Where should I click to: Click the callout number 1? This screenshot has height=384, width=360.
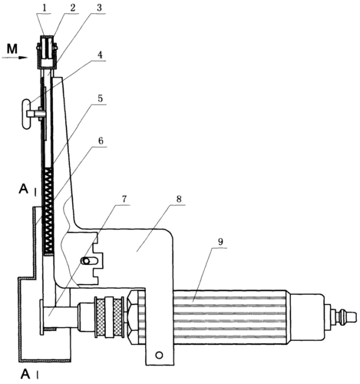pos(45,8)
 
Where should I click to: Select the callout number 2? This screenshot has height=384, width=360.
pos(73,8)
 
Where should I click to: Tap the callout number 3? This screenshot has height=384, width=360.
pos(99,8)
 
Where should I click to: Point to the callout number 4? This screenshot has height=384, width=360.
pos(100,55)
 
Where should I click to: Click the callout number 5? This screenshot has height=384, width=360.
pos(100,98)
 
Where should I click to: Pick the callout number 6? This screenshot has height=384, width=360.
pos(101,141)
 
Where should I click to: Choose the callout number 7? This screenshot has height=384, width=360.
pos(124,199)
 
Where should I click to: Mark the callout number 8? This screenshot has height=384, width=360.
pos(179,199)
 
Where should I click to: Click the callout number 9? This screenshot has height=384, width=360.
pos(220,241)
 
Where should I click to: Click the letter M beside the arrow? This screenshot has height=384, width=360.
pos(12,49)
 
